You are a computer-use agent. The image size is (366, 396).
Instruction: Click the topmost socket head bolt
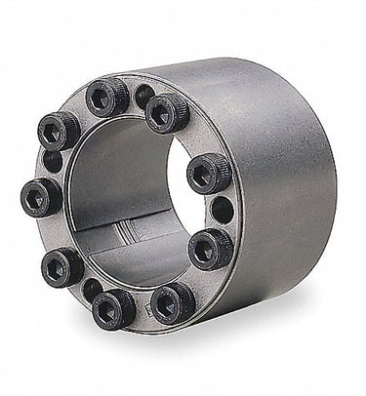tap(107, 97)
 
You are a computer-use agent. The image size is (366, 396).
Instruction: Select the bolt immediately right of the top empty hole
tap(167, 112)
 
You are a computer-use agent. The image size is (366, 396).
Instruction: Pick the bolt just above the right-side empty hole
tap(208, 173)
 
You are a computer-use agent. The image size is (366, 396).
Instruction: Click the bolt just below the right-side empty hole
tap(210, 248)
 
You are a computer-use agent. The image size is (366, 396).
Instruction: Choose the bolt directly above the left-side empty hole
tap(60, 130)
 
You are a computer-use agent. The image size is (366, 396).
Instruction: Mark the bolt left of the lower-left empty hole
tap(61, 265)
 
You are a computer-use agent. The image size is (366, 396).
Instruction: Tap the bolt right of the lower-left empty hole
tap(114, 308)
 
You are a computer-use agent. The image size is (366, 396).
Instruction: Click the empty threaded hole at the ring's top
tap(143, 96)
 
